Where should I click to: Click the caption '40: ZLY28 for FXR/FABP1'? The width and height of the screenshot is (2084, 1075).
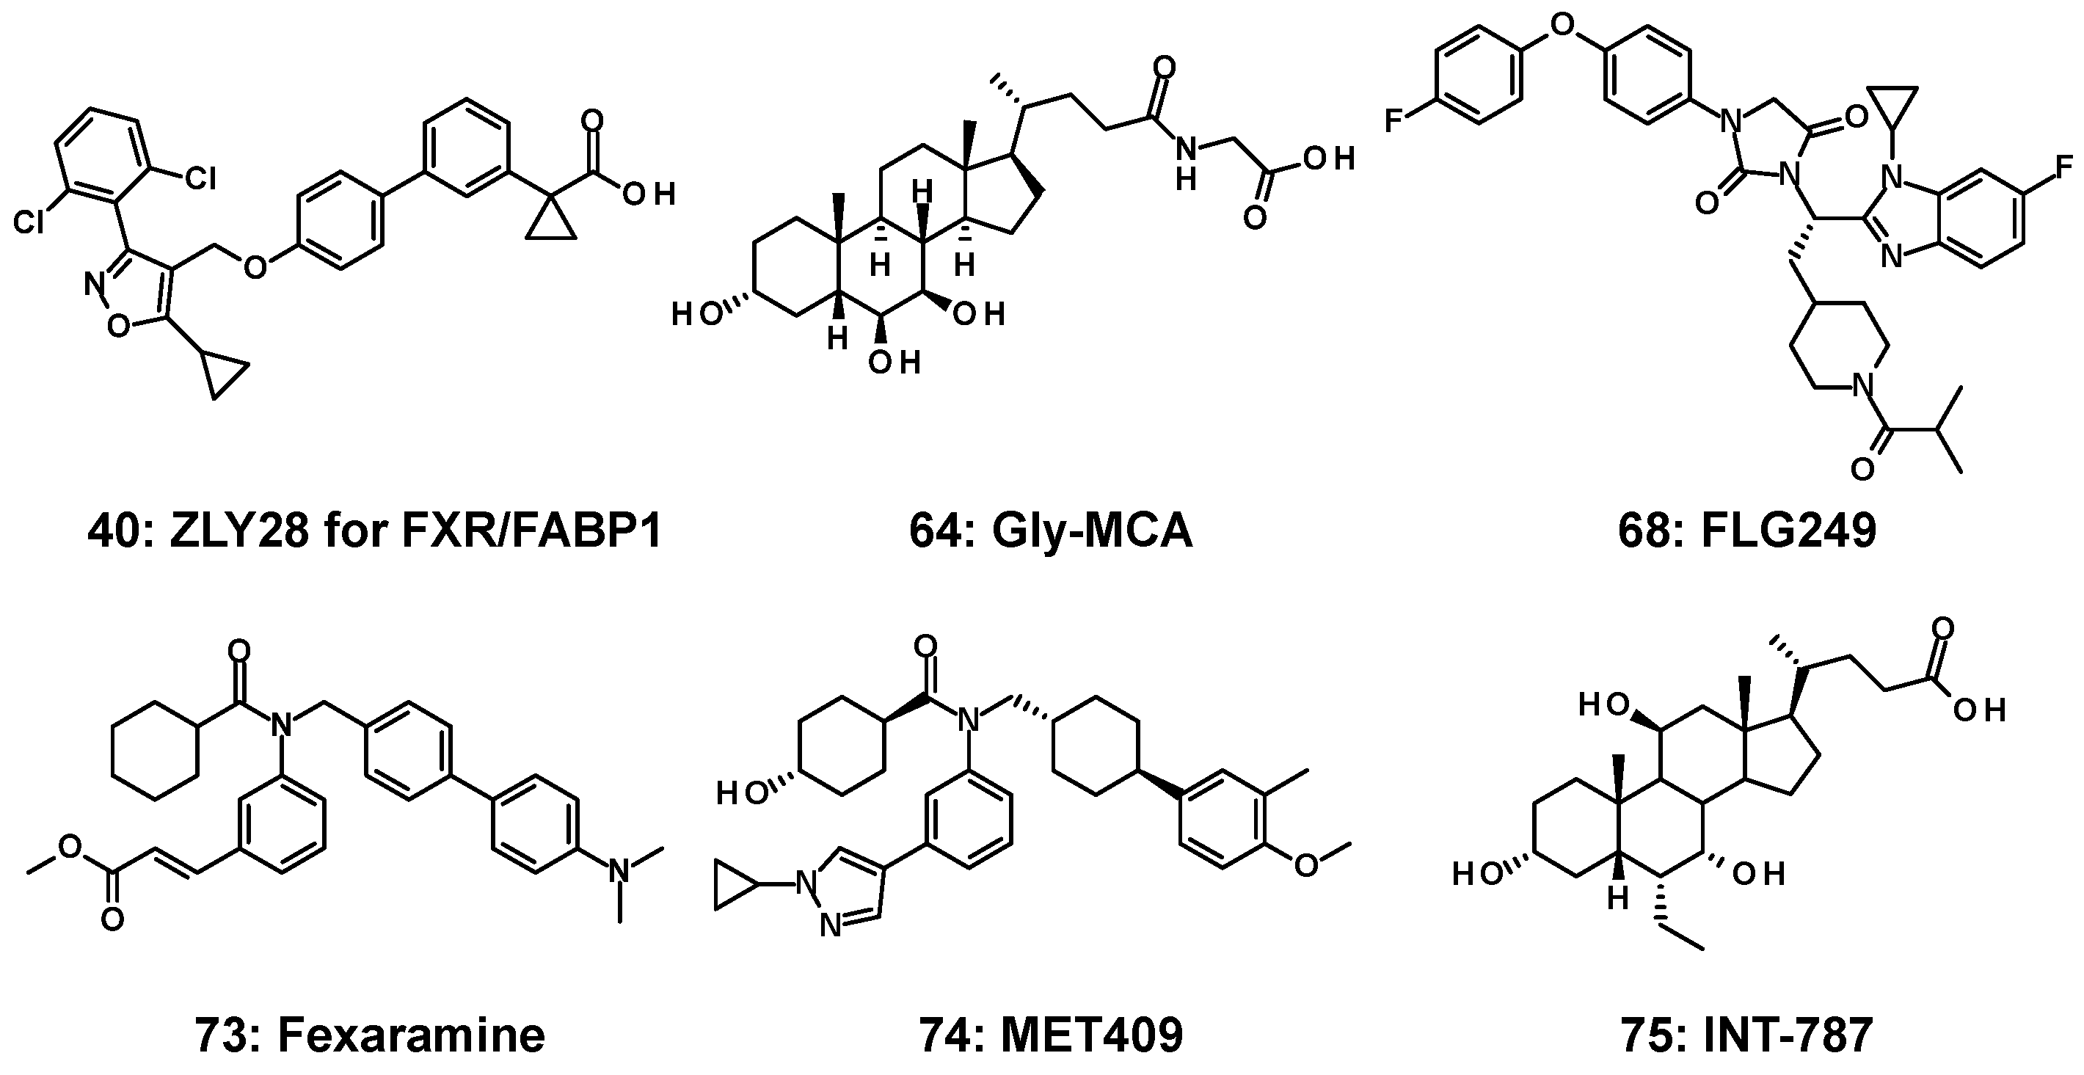point(374,531)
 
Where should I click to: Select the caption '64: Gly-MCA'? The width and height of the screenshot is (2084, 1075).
point(1051,531)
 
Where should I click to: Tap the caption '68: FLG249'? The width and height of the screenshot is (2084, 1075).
point(1747,531)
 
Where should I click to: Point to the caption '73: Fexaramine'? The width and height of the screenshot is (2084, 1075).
point(371,1035)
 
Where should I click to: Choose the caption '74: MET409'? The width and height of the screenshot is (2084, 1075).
point(1051,1035)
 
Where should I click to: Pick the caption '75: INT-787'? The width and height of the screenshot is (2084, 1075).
point(1747,1035)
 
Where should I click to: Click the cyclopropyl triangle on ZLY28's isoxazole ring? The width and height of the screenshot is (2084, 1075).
point(221,375)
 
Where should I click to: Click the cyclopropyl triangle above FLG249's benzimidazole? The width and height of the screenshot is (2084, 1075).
point(1893,107)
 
